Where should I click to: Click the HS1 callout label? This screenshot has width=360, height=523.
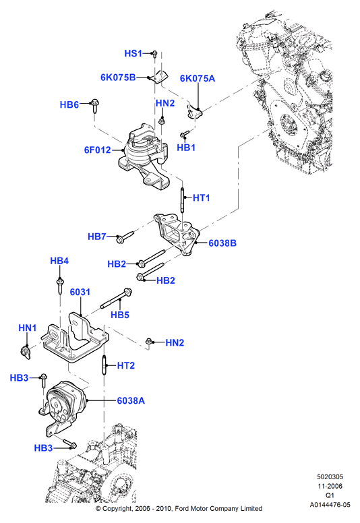pos(133,53)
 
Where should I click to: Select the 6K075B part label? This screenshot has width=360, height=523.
pos(118,78)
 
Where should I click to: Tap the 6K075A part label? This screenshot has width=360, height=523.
pos(198,78)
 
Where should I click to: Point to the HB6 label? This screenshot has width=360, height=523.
pos(69,104)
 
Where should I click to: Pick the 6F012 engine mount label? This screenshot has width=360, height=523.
pos(98,150)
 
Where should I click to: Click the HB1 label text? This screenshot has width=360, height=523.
pos(186,148)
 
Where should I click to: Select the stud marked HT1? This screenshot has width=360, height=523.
pos(183,199)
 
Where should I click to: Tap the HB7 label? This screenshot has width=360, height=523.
pos(97,237)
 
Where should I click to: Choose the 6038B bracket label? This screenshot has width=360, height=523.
pos(222,243)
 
